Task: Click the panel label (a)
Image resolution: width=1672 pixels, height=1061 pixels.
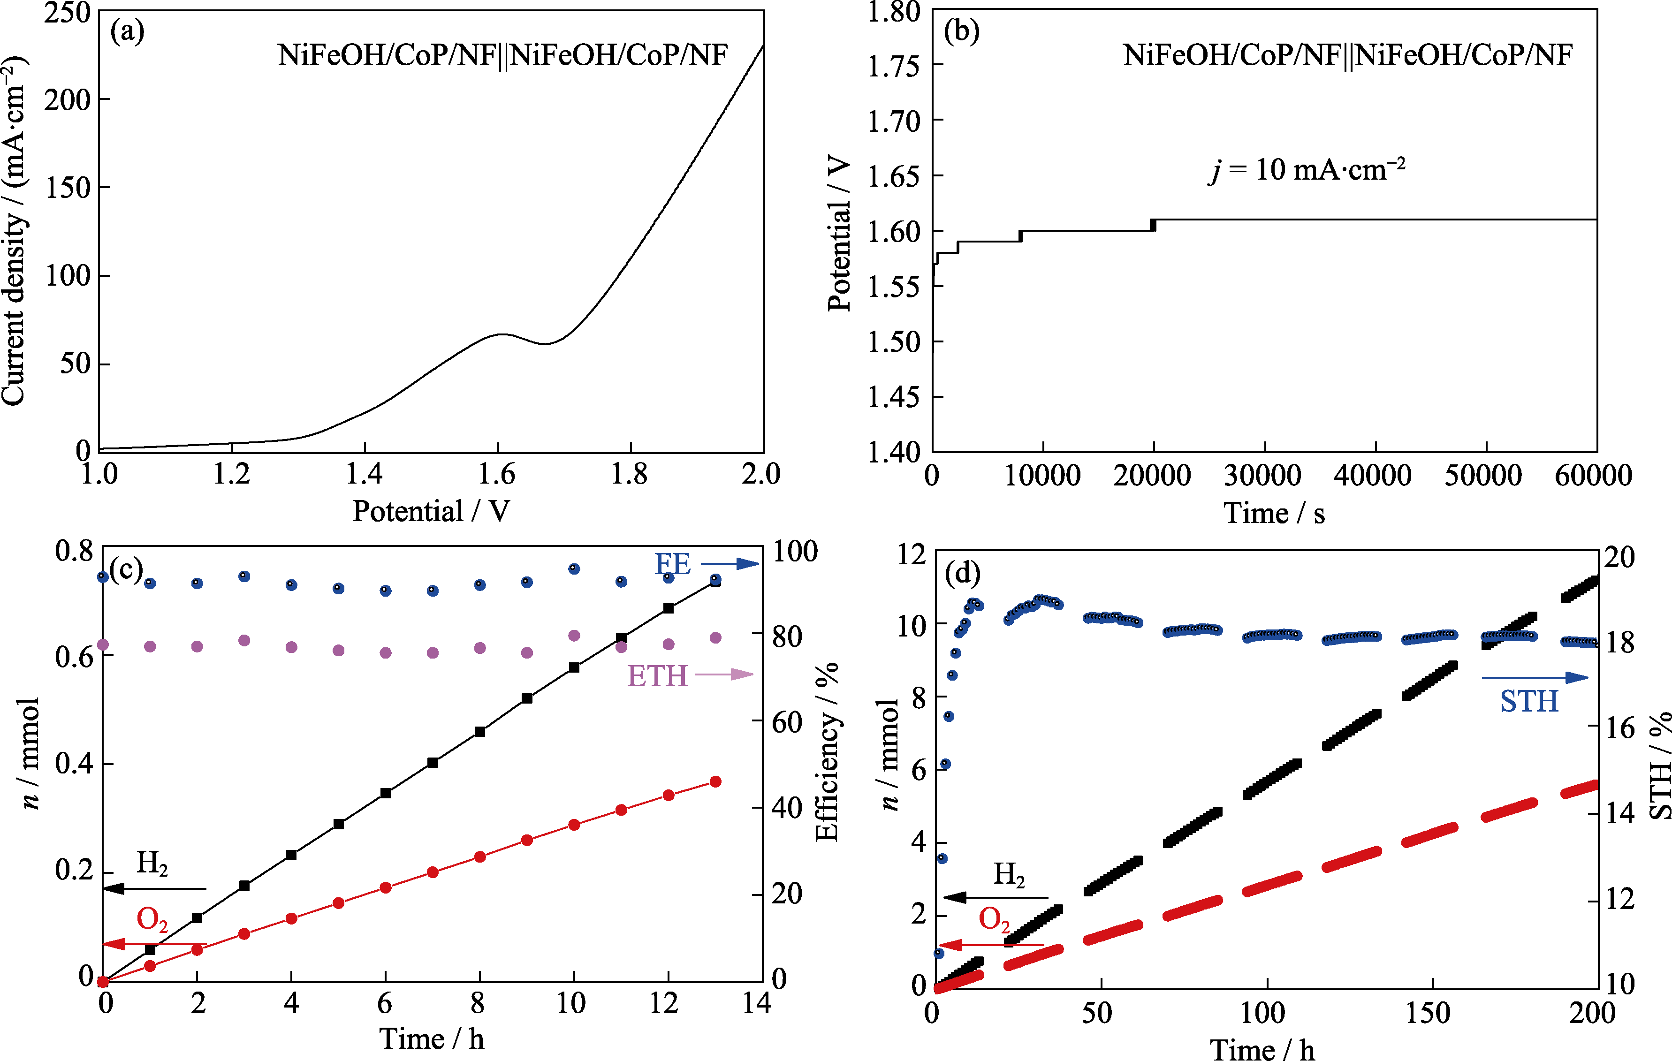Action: (x=127, y=32)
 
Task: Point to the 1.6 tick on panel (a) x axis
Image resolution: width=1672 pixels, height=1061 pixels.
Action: (x=497, y=474)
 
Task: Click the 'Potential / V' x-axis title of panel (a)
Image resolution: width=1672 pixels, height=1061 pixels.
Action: (x=431, y=512)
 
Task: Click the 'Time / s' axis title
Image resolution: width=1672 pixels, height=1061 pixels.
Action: (x=1273, y=514)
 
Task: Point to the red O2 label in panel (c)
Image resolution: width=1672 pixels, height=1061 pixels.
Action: (x=152, y=920)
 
